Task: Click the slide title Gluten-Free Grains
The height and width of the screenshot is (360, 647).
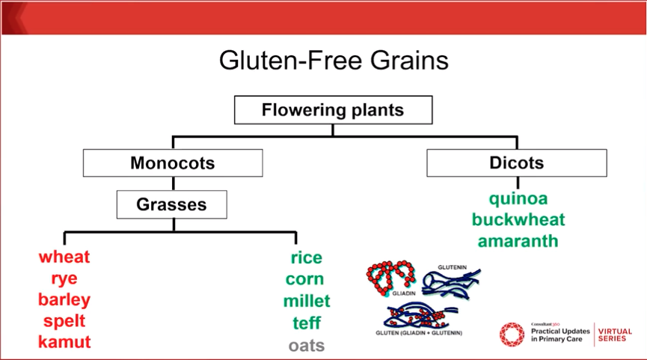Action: pyautogui.click(x=334, y=60)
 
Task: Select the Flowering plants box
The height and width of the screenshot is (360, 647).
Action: pyautogui.click(x=333, y=111)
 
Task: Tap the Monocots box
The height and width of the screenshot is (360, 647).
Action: pyautogui.click(x=172, y=163)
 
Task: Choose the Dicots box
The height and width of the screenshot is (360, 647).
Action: pyautogui.click(x=516, y=163)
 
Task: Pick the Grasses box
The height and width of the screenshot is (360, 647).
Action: pyautogui.click(x=171, y=204)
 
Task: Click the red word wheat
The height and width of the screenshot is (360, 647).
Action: pyautogui.click(x=64, y=257)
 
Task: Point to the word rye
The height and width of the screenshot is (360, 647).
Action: pyautogui.click(x=64, y=279)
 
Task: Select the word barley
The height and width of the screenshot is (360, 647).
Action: pyautogui.click(x=64, y=300)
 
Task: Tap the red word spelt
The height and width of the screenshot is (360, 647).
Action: pyautogui.click(x=64, y=321)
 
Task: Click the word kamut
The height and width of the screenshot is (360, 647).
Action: pyautogui.click(x=64, y=343)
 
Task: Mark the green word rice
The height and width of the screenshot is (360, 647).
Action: pyautogui.click(x=307, y=258)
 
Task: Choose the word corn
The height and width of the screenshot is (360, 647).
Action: pyautogui.click(x=305, y=280)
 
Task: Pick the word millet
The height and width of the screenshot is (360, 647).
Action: pyautogui.click(x=307, y=302)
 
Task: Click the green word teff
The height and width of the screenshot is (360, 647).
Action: pyautogui.click(x=307, y=323)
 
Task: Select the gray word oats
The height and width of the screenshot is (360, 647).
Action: pyautogui.click(x=307, y=346)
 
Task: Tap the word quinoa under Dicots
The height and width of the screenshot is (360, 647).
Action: pyautogui.click(x=518, y=199)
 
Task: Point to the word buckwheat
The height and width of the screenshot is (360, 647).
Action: pyautogui.click(x=518, y=220)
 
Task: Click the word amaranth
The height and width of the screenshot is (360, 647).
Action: pyautogui.click(x=518, y=242)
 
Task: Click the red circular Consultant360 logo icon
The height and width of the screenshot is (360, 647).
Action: pyautogui.click(x=512, y=335)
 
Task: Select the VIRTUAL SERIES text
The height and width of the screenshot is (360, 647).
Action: pyautogui.click(x=615, y=335)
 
